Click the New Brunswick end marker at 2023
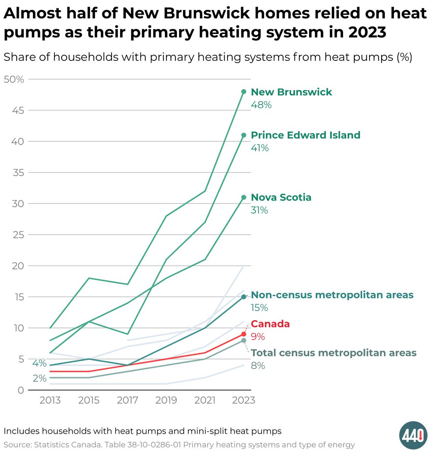244,92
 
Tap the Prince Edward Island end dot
244,135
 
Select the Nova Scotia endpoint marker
244,197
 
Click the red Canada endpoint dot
244,334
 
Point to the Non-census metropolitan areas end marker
244,297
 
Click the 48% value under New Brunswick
261,105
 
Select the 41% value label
260,148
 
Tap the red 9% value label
258,337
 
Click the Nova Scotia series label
281,197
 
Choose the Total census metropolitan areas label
334,353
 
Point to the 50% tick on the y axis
14,79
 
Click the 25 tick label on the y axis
18,235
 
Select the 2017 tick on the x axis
128,400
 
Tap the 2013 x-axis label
50,400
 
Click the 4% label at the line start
39,363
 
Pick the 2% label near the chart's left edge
39,378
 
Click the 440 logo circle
413,435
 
